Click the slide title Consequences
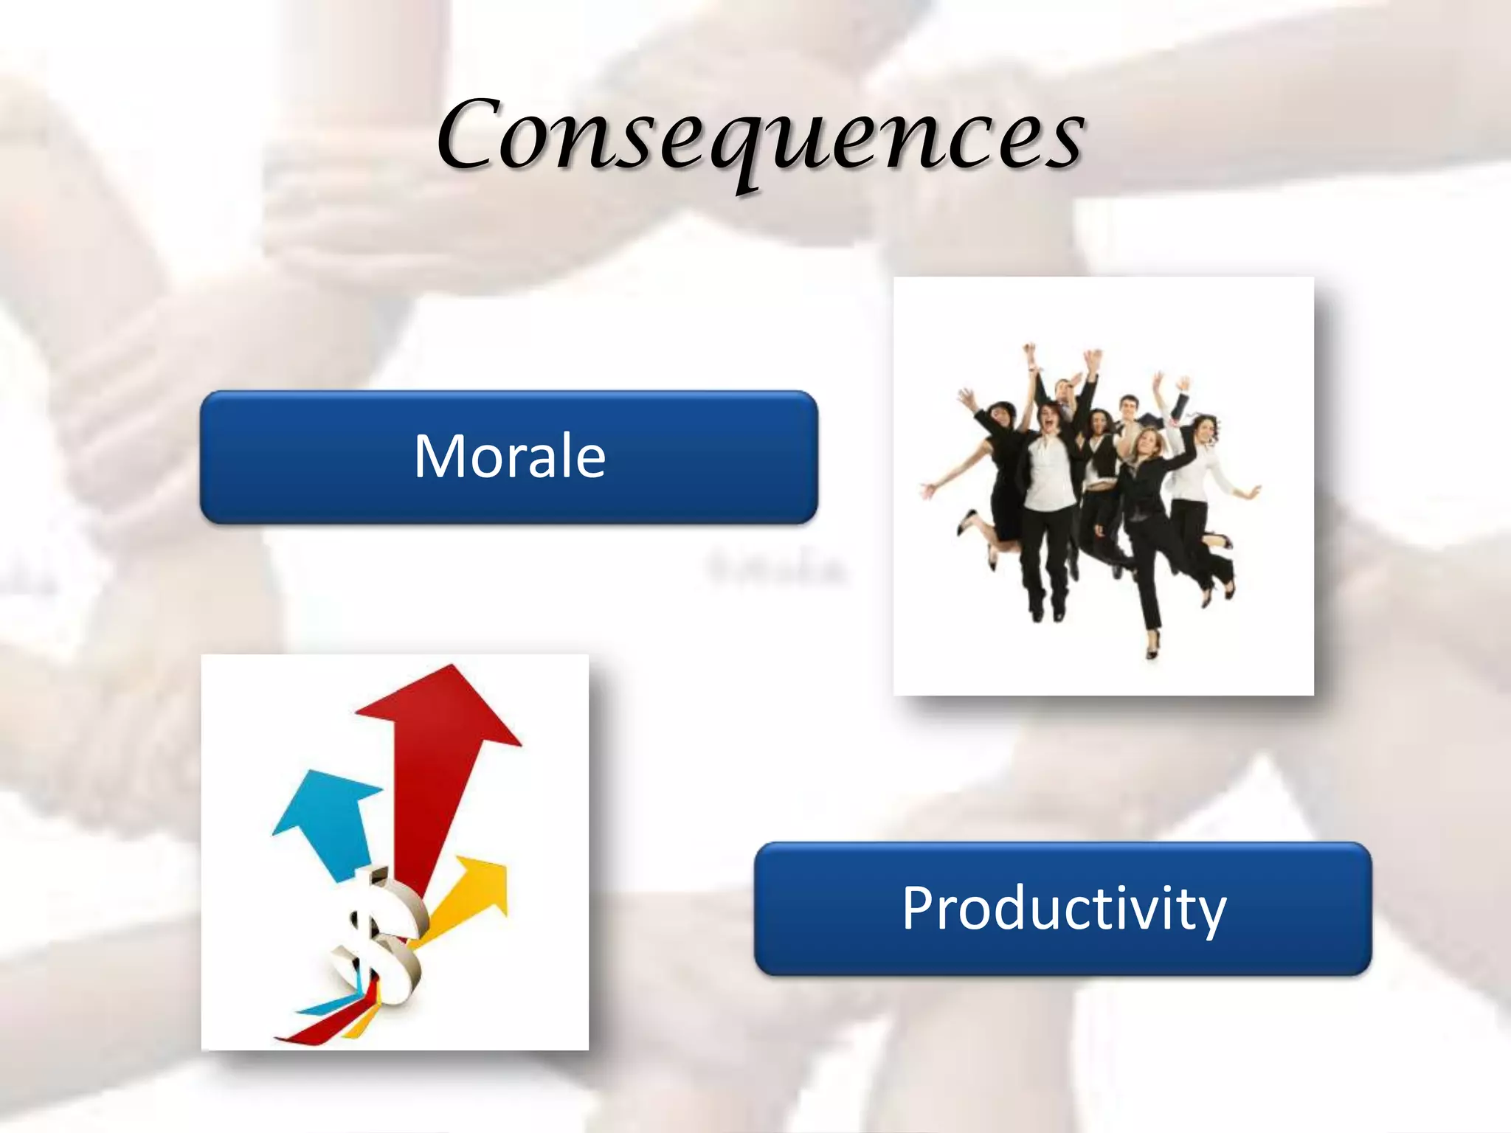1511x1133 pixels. pos(760,136)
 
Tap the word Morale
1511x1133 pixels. pos(509,457)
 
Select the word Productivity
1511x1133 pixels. pos(1063,908)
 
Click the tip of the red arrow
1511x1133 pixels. pos(452,668)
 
